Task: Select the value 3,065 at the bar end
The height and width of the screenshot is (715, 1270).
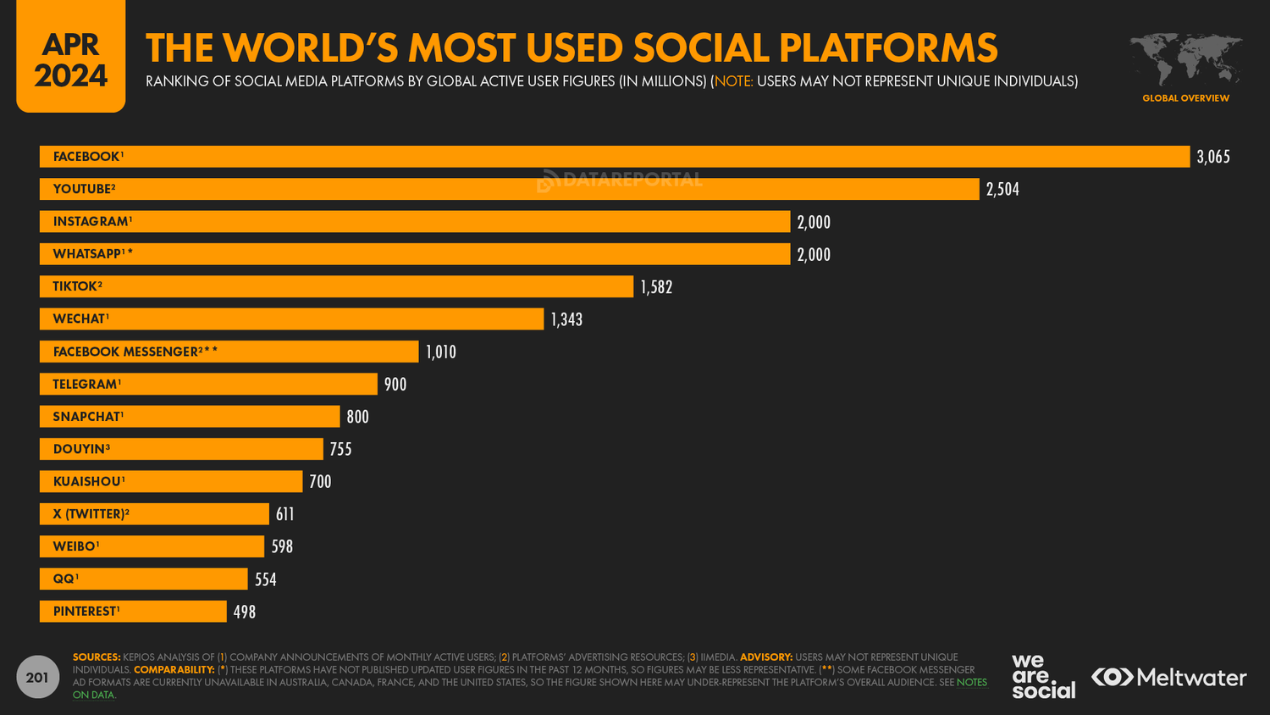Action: pyautogui.click(x=1212, y=157)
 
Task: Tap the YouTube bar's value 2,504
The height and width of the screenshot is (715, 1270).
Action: pyautogui.click(x=1002, y=190)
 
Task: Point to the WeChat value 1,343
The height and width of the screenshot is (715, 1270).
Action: pyautogui.click(x=566, y=319)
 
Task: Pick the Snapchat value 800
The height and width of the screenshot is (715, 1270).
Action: pyautogui.click(x=357, y=417)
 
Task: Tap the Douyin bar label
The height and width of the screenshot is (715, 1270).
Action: pyautogui.click(x=81, y=449)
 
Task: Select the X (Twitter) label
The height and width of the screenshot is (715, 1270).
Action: pyautogui.click(x=91, y=514)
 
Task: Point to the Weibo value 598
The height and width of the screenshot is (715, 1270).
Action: pyautogui.click(x=282, y=547)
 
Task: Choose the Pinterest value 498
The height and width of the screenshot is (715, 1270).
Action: pyautogui.click(x=245, y=612)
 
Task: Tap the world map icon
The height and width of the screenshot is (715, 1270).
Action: pyautogui.click(x=1185, y=59)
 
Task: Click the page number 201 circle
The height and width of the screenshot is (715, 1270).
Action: pyautogui.click(x=37, y=677)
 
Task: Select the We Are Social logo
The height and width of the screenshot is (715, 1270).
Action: pyautogui.click(x=1042, y=676)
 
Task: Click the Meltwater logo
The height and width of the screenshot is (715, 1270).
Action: pyautogui.click(x=1168, y=677)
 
